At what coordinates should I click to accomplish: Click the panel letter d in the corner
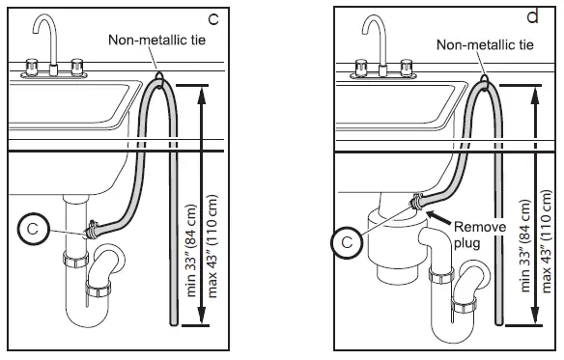[531, 16]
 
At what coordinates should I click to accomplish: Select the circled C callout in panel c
[33, 230]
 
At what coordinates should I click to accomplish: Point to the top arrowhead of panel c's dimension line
[199, 90]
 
